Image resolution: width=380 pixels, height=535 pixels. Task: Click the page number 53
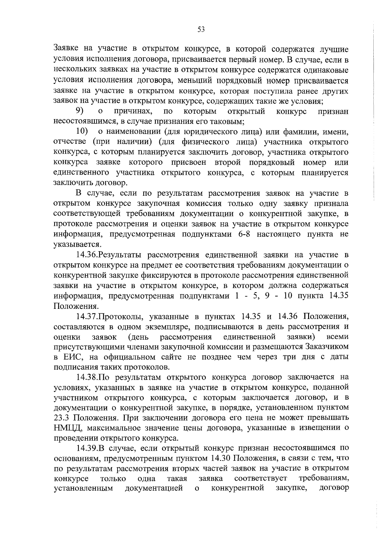(x=201, y=29)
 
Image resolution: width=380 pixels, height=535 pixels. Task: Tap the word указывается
(x=73, y=245)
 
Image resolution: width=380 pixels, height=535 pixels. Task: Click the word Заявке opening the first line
(x=66, y=49)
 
